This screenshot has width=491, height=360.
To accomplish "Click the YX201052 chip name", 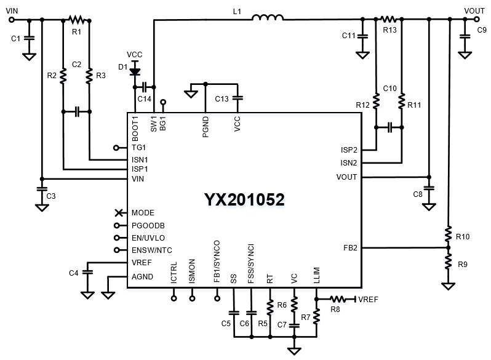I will pyautogui.click(x=244, y=201).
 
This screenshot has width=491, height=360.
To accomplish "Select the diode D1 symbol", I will pyautogui.click(x=135, y=71).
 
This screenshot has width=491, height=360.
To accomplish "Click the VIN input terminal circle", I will pyautogui.click(x=11, y=20).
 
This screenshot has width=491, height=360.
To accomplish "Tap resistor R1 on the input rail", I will pyautogui.click(x=76, y=20).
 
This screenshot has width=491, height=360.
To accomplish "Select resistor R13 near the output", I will pyautogui.click(x=389, y=20).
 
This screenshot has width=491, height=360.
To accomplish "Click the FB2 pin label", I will pyautogui.click(x=350, y=248).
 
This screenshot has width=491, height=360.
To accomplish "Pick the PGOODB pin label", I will pyautogui.click(x=148, y=225).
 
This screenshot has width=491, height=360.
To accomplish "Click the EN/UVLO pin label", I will pyautogui.click(x=148, y=238).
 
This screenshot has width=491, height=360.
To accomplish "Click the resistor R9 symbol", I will pyautogui.click(x=449, y=263).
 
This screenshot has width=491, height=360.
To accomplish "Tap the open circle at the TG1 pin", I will pyautogui.click(x=117, y=148).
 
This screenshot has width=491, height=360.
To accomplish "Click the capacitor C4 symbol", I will pyautogui.click(x=87, y=271).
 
